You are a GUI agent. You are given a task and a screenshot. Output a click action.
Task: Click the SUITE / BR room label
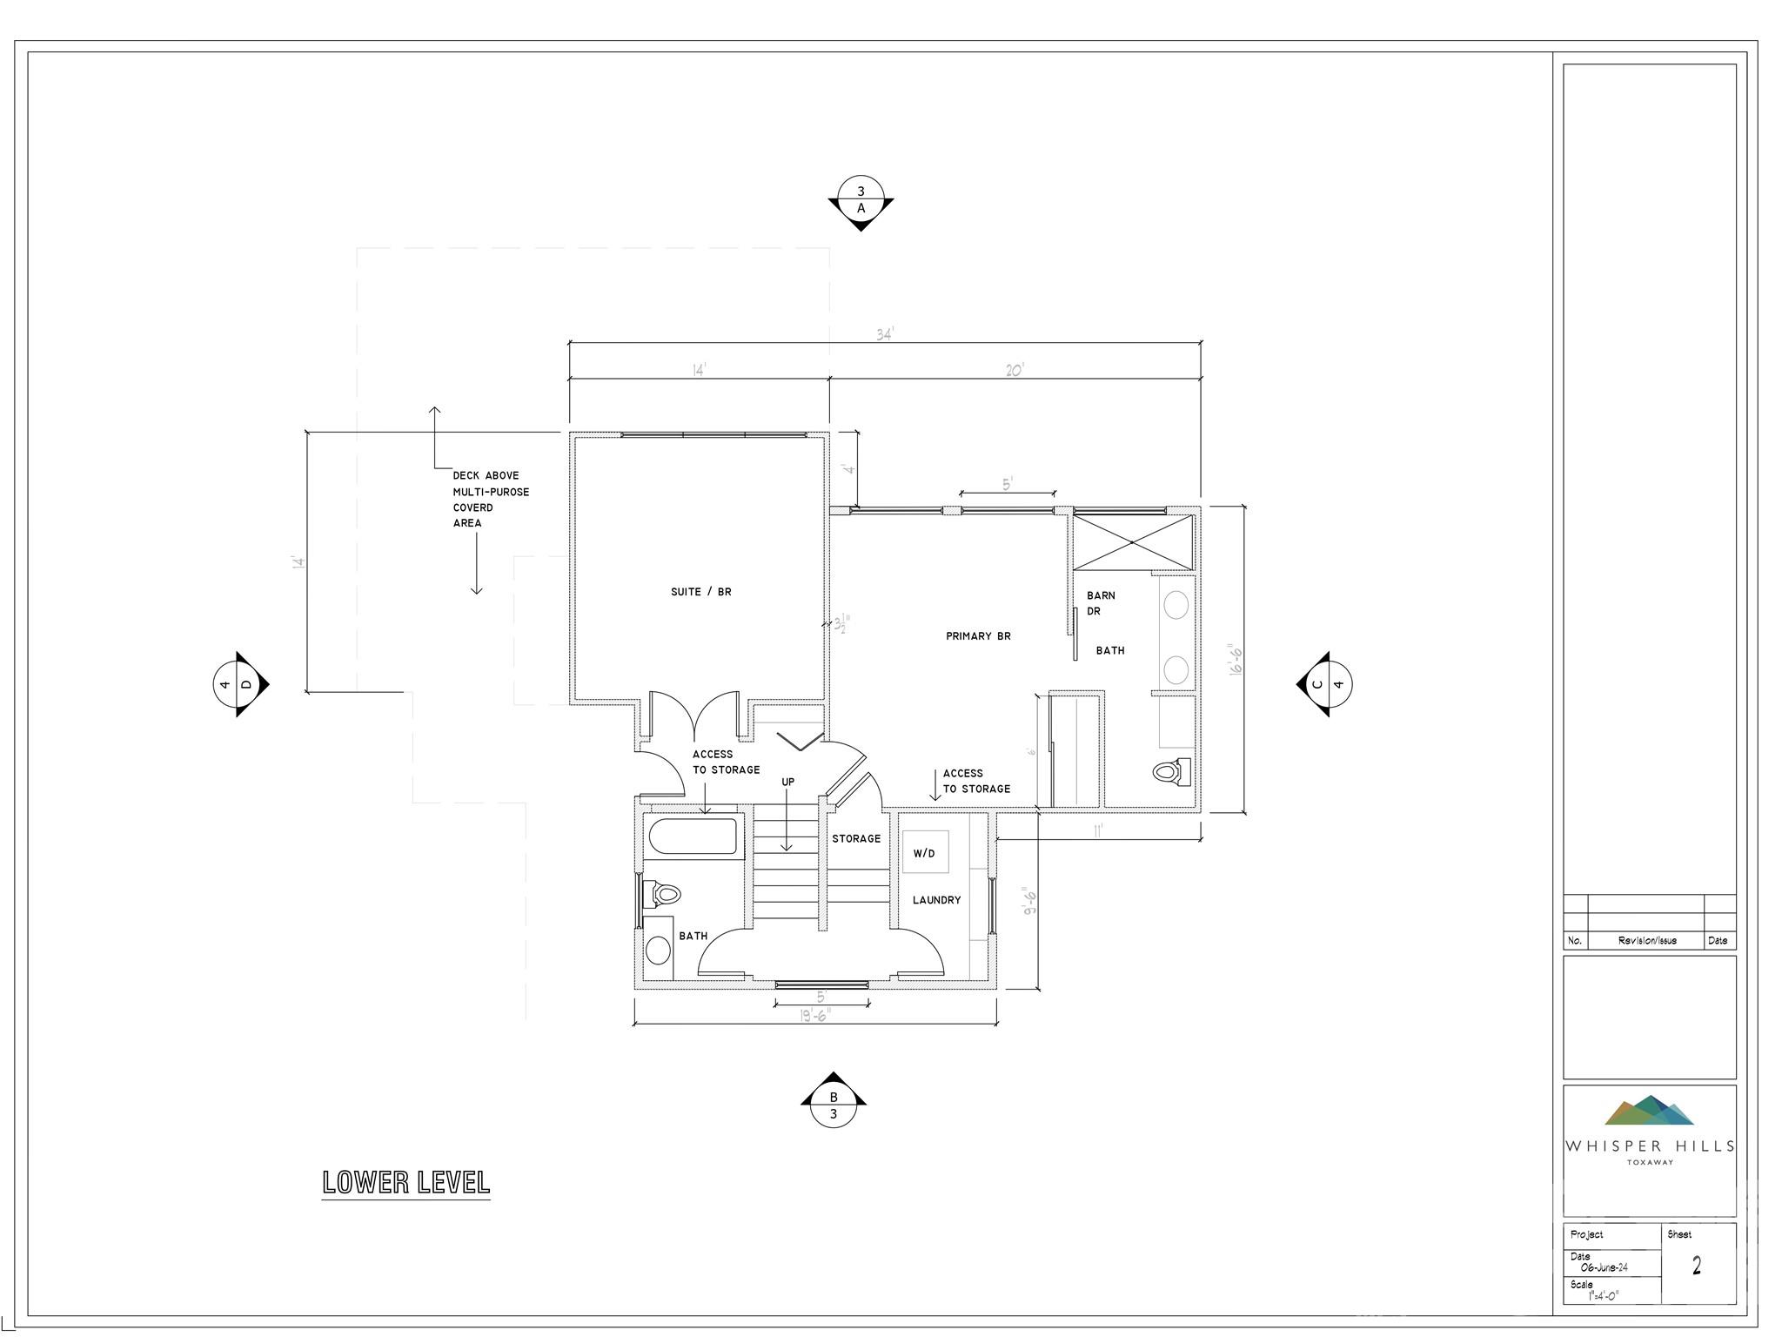pyautogui.click(x=700, y=592)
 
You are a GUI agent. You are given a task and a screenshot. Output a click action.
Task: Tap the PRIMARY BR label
pyautogui.click(x=978, y=636)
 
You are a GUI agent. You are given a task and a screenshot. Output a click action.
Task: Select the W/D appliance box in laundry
pyautogui.click(x=924, y=853)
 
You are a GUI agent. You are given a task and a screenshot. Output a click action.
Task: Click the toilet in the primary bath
pyautogui.click(x=1171, y=771)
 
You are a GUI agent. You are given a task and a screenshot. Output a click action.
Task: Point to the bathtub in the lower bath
pyautogui.click(x=693, y=837)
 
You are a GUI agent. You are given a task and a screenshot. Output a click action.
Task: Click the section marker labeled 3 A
pyautogui.click(x=861, y=201)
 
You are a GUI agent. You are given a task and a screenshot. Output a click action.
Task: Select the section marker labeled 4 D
pyautogui.click(x=237, y=684)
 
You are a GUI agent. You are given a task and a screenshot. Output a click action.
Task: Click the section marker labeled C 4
pyautogui.click(x=1327, y=684)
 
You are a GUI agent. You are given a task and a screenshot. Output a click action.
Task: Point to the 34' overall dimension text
pyautogui.click(x=885, y=334)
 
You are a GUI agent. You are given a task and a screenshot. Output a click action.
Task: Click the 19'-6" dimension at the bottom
pyautogui.click(x=815, y=1015)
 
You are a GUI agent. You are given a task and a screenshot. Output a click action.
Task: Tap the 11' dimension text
pyautogui.click(x=1099, y=830)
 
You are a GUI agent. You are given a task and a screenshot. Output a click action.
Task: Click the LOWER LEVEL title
pyautogui.click(x=405, y=1182)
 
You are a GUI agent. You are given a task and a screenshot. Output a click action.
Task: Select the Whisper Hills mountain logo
pyautogui.click(x=1649, y=1111)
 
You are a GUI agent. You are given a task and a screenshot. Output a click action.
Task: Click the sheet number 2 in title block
pyautogui.click(x=1696, y=1266)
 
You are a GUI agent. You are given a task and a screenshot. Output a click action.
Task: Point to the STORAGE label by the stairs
pyautogui.click(x=856, y=838)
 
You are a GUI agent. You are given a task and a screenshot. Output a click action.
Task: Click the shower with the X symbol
pyautogui.click(x=1132, y=542)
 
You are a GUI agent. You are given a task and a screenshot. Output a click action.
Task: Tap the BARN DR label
pyautogui.click(x=1100, y=603)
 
